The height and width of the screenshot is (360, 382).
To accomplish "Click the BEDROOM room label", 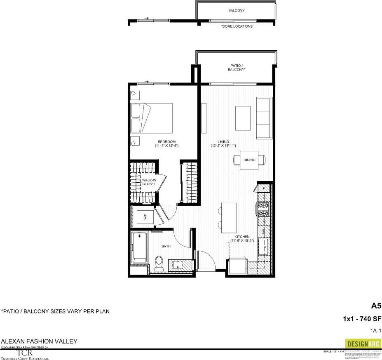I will pos(166,142).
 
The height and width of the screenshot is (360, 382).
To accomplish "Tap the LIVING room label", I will pos(223,142).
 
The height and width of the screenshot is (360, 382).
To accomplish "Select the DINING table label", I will pos(249,160).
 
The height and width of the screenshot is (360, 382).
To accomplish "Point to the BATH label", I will pos(166,247).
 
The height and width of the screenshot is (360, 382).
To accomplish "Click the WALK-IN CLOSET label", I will pos(149,182).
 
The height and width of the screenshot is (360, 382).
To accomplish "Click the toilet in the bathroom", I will pos(159,262).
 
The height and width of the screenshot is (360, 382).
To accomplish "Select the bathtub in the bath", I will pos(139,247).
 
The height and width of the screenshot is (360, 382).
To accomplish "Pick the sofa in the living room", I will pos(264,118).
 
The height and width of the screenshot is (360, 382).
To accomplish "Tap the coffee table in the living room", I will pos(243,118).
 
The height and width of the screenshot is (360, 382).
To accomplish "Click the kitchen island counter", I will pos(229,217).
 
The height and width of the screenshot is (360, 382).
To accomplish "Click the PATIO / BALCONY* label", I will pos(237,68).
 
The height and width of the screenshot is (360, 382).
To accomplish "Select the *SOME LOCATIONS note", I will pos(237,26).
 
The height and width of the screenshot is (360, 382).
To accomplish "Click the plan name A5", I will pos(375,306).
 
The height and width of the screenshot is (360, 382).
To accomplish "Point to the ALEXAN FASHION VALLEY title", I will pos(39,342).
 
